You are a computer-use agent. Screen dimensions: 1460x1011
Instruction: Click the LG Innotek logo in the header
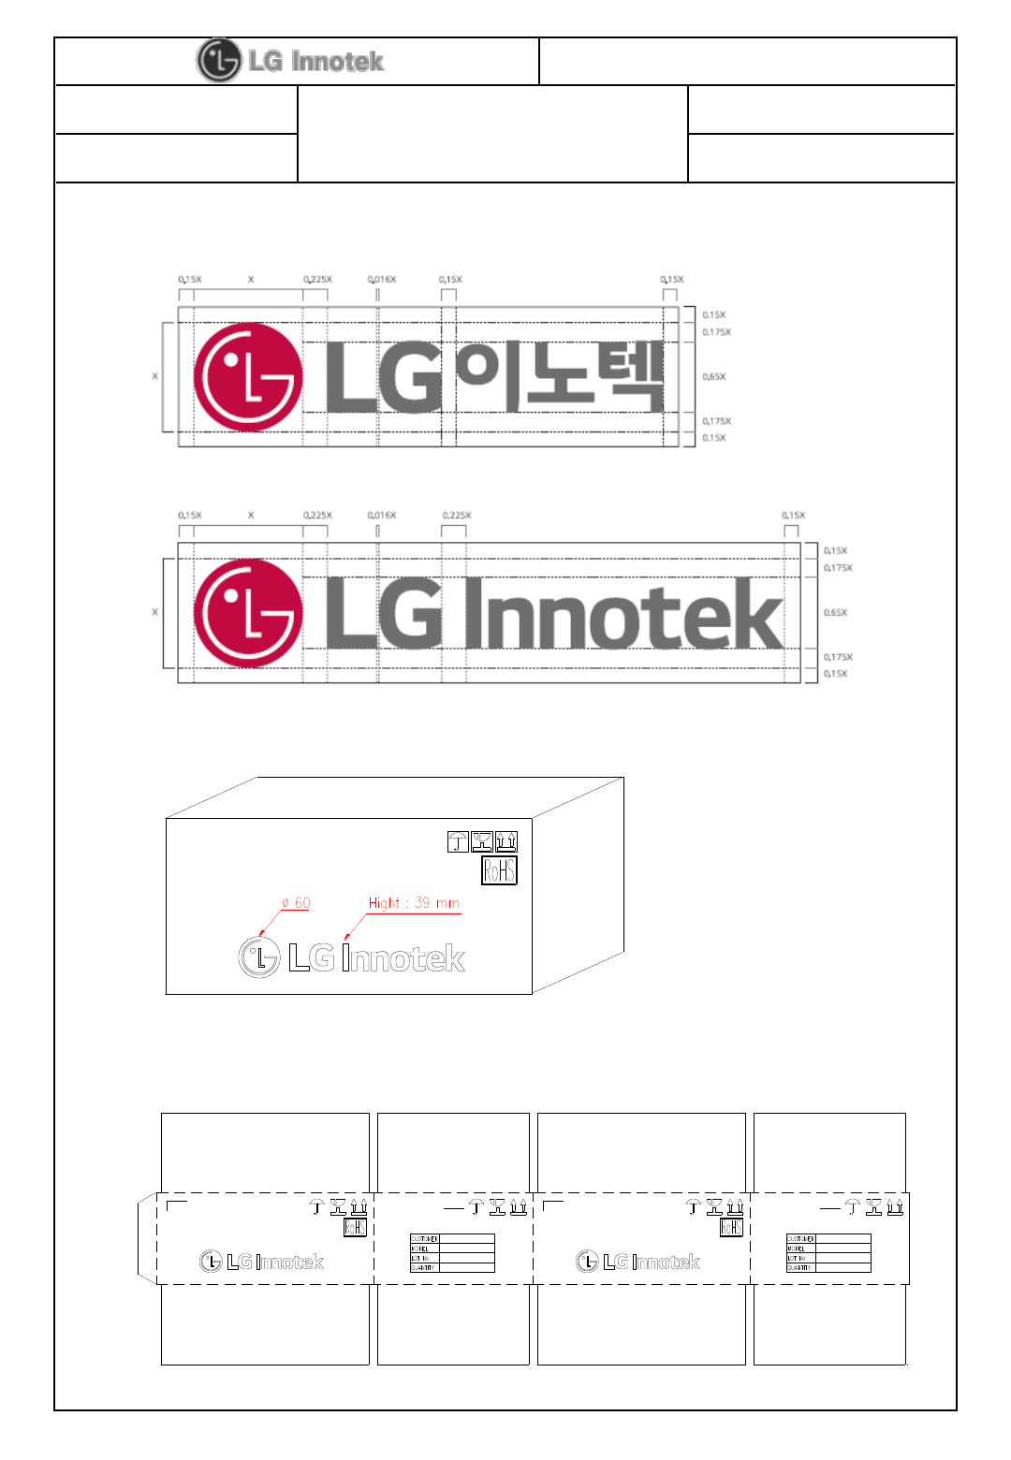point(290,61)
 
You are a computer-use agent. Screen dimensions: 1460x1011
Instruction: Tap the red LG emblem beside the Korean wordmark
point(248,377)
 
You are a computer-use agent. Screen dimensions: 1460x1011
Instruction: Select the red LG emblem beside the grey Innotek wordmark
point(248,613)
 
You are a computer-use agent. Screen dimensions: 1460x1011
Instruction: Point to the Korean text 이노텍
point(560,376)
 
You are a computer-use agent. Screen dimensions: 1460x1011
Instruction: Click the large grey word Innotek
point(623,614)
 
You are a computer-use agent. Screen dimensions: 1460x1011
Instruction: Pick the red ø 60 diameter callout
point(296,903)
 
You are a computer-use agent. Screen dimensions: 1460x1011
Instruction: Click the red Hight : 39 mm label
point(414,903)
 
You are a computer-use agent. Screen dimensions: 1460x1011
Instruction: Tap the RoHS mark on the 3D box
point(499,870)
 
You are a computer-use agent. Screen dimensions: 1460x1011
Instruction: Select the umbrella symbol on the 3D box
point(458,841)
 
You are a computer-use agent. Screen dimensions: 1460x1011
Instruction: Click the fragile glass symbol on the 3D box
point(482,841)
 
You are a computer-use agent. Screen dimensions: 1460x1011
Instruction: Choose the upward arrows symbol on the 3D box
point(506,841)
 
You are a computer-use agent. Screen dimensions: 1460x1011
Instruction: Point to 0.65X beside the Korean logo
point(714,377)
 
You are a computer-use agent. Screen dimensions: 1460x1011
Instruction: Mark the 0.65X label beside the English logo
point(835,613)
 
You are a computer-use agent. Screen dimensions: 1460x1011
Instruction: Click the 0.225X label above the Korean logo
point(317,280)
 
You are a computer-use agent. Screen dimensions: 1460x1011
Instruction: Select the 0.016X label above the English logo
point(382,516)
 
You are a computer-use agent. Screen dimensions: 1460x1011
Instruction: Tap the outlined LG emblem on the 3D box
point(259,957)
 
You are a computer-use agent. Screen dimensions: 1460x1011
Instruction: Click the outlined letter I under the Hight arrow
point(346,958)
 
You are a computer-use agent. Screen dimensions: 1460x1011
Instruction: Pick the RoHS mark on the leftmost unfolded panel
point(355,1227)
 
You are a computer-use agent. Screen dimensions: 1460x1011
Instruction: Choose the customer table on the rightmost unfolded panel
point(828,1253)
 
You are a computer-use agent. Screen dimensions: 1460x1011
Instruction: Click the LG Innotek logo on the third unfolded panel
point(637,1262)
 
